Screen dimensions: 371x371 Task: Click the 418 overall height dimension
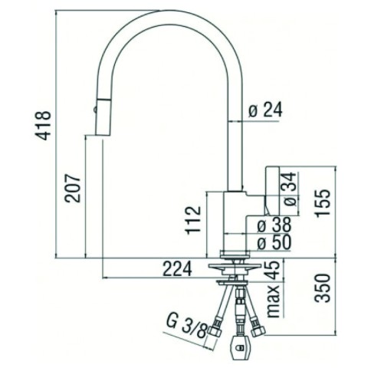click(x=44, y=126)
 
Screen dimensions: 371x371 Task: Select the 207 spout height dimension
click(x=73, y=188)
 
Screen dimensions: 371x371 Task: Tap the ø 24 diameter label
click(x=265, y=110)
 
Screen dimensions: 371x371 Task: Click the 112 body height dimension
click(x=193, y=220)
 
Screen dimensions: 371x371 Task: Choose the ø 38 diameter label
click(x=274, y=225)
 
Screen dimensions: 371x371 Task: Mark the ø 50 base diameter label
click(x=274, y=242)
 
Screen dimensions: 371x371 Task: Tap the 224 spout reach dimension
click(x=177, y=268)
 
